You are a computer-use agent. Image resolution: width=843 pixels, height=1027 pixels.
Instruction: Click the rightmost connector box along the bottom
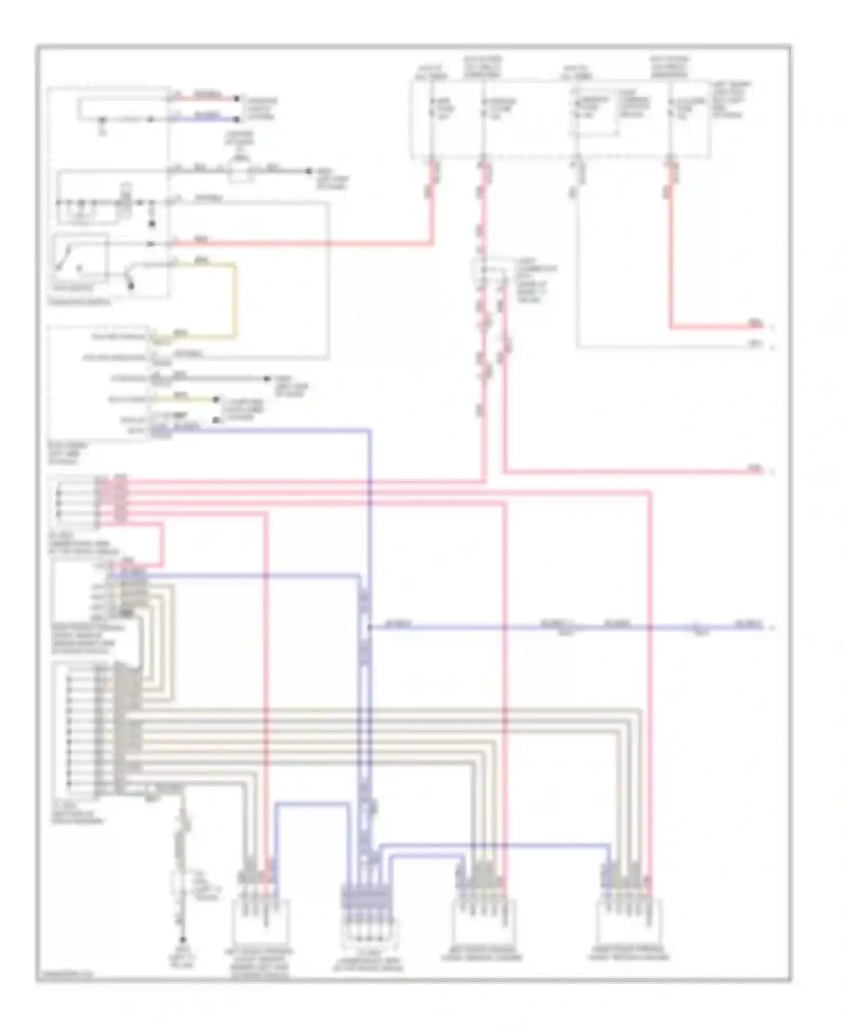pyautogui.click(x=628, y=921)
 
